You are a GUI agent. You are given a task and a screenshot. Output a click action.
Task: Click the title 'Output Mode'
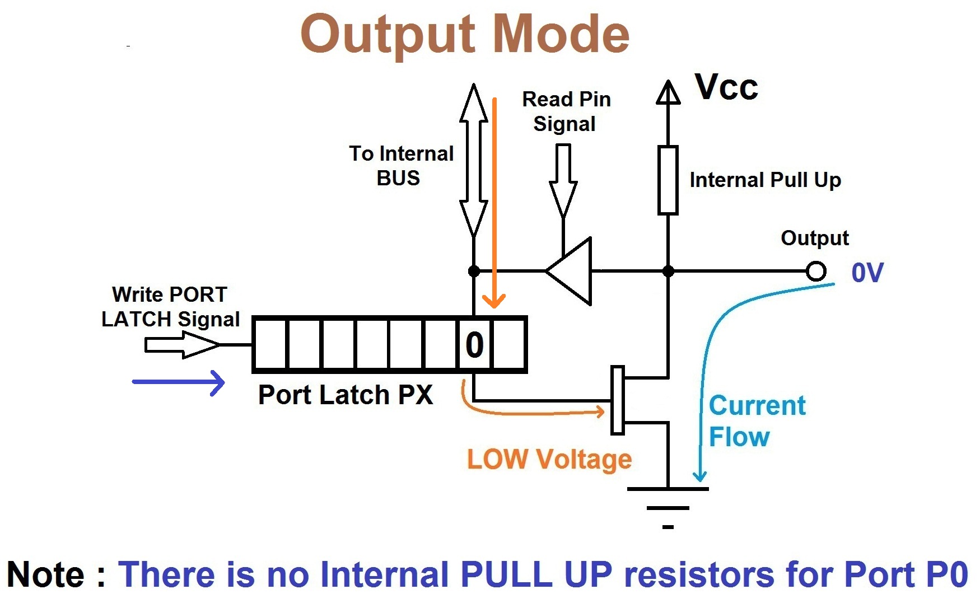(465, 35)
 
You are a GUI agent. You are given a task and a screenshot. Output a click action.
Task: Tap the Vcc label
(726, 87)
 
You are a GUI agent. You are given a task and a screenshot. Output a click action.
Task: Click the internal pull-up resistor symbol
(668, 180)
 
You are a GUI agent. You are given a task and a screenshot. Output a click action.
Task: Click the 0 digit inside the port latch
(474, 345)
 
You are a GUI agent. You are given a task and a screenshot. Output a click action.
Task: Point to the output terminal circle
(816, 272)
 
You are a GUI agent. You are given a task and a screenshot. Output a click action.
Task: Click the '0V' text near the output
(867, 273)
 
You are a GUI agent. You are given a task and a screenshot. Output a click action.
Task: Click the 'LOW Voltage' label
(549, 460)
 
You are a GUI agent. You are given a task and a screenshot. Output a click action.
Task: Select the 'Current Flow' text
(756, 421)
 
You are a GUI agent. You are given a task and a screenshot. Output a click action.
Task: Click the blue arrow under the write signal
(178, 382)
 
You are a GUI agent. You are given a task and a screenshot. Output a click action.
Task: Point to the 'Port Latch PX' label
(345, 395)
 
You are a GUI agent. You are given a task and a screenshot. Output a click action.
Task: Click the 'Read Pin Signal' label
(566, 111)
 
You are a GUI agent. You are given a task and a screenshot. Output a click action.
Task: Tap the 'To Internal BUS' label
(401, 166)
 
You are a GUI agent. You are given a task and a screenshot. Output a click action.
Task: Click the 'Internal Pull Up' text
(765, 180)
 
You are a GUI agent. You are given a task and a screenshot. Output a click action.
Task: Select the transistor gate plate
(617, 400)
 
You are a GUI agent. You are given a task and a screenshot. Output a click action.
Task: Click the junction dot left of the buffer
(474, 272)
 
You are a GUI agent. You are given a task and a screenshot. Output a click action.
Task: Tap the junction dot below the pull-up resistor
(668, 272)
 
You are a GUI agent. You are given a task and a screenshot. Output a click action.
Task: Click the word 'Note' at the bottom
(46, 574)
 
